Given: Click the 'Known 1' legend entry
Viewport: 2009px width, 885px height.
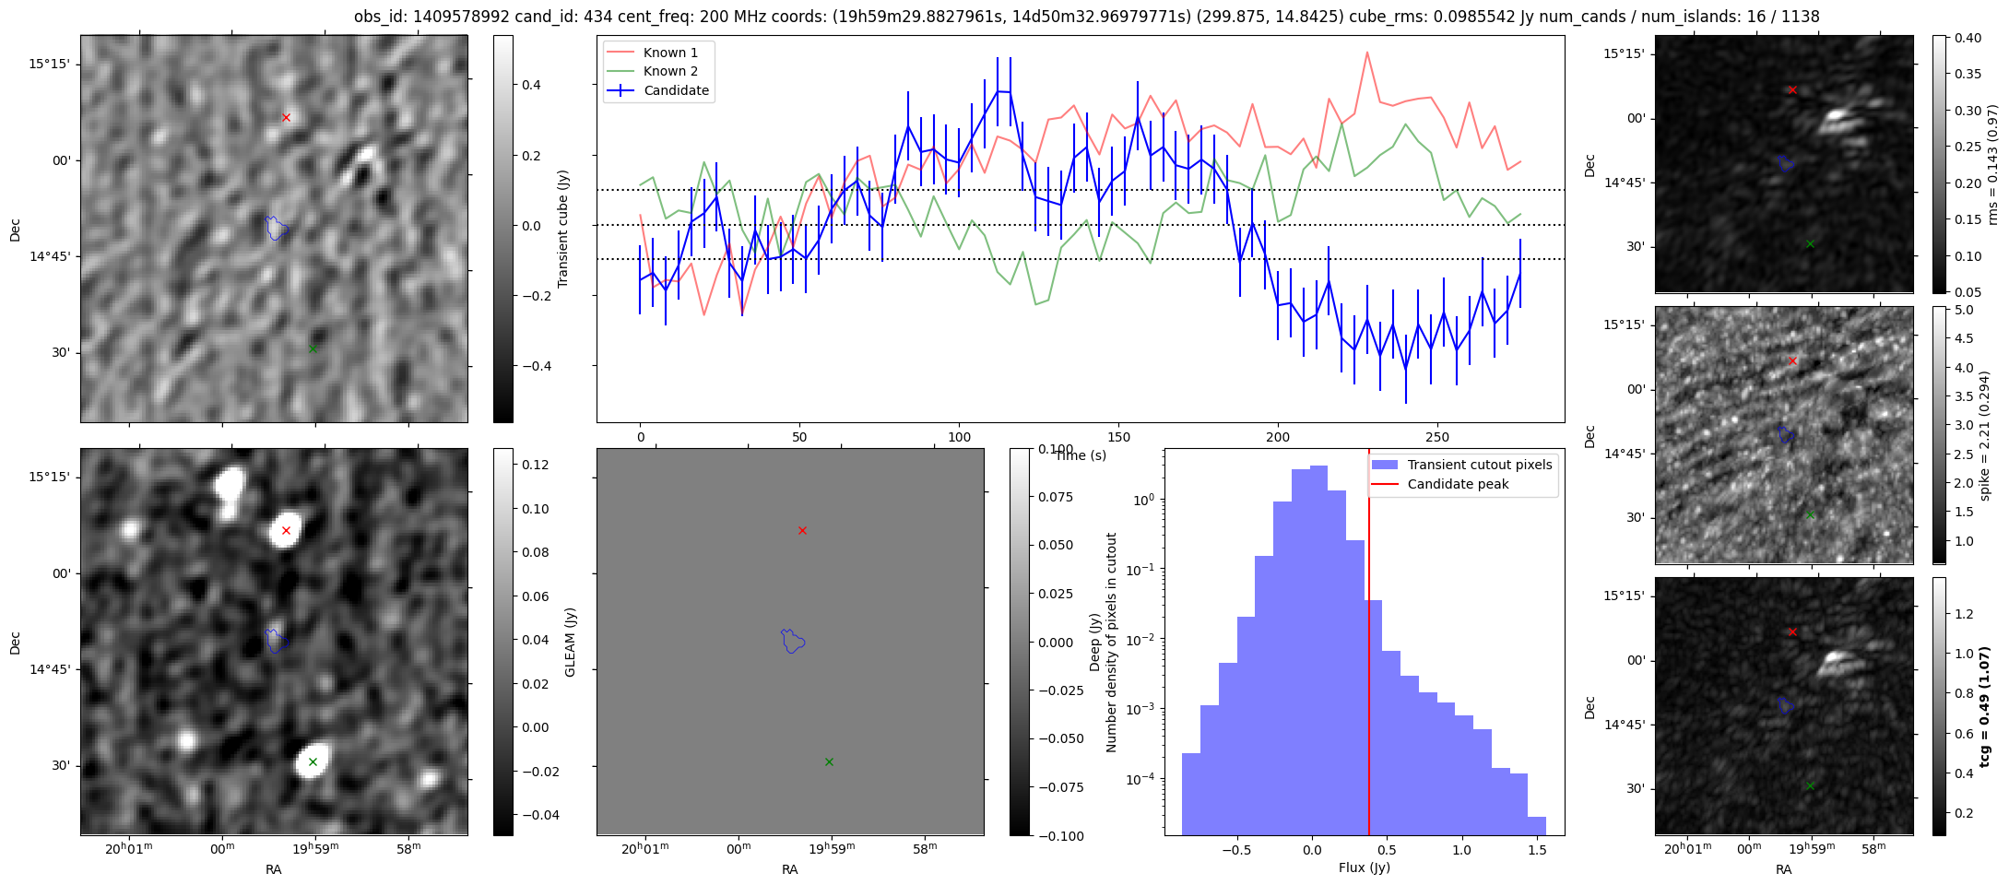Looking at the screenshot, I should click(x=670, y=53).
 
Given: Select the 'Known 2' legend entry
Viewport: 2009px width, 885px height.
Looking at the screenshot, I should click(x=670, y=71).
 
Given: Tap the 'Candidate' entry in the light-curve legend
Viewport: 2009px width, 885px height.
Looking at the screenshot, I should click(x=676, y=90).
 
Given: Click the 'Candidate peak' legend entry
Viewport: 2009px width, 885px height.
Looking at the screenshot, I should click(x=1458, y=484).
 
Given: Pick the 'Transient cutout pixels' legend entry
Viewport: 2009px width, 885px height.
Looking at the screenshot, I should click(x=1479, y=465).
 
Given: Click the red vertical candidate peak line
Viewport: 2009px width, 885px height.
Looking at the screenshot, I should click(x=1369, y=691).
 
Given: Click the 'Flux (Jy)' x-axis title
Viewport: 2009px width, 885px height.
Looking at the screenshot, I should click(x=1364, y=867).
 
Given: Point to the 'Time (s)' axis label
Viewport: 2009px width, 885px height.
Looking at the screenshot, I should click(x=1081, y=455).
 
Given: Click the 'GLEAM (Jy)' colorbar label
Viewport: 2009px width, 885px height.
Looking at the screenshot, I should click(x=570, y=642).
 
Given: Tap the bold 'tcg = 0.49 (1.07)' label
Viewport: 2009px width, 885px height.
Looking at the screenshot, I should click(x=1985, y=706).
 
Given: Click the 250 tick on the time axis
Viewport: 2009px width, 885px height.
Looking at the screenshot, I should click(x=1437, y=437).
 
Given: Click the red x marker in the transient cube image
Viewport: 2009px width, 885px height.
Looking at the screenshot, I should click(x=286, y=117).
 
